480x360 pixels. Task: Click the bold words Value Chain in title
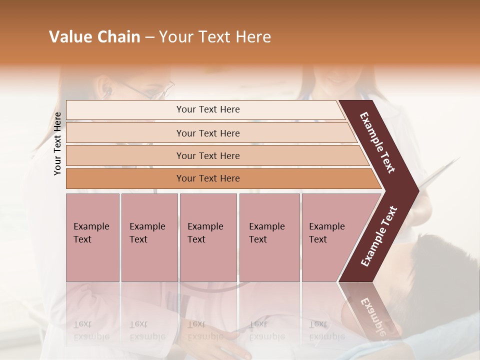coord(94,37)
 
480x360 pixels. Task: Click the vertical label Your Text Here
coord(57,143)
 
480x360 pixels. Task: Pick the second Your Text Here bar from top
coord(208,133)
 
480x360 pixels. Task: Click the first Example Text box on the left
coord(92,237)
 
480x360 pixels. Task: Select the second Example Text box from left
coord(149,237)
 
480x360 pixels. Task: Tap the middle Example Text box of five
coord(208,237)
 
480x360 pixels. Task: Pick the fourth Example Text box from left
coord(269,237)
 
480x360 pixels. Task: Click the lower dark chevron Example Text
coord(379,236)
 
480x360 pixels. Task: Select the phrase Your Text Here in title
coord(215,37)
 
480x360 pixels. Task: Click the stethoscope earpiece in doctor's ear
coord(107,91)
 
